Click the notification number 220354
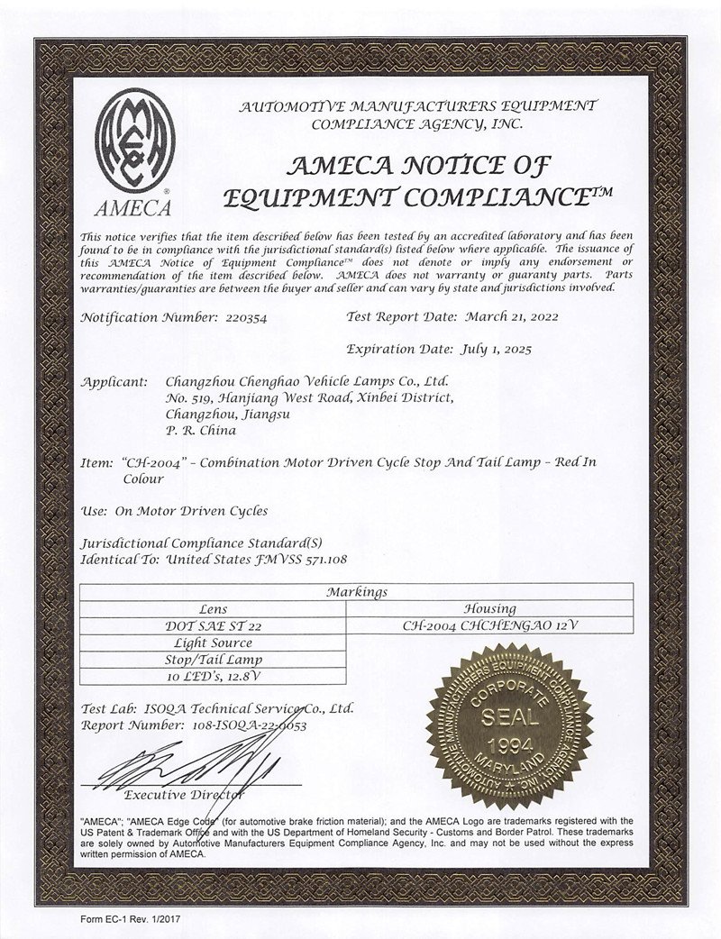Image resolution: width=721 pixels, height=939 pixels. [x=242, y=317]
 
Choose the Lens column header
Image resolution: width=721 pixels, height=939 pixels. [x=219, y=609]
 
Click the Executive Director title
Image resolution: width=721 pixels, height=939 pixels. [x=184, y=794]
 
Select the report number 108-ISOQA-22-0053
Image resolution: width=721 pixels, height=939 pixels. [x=256, y=724]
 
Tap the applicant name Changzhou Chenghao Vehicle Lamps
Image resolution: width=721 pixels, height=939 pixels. [x=306, y=382]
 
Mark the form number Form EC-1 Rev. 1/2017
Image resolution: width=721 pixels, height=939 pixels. [x=132, y=916]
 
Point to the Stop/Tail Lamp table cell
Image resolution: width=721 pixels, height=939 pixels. [x=219, y=659]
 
